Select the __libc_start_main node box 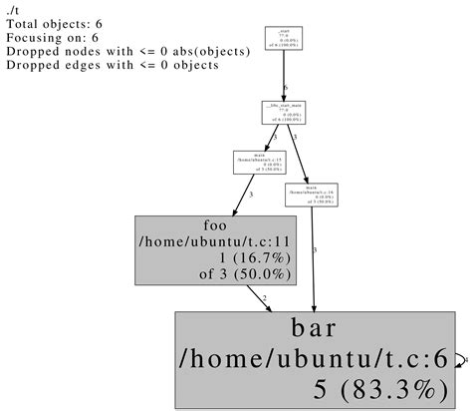coord(285,112)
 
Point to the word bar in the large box coord(317,329)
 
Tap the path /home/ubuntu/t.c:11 coord(216,240)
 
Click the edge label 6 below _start coord(289,88)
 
